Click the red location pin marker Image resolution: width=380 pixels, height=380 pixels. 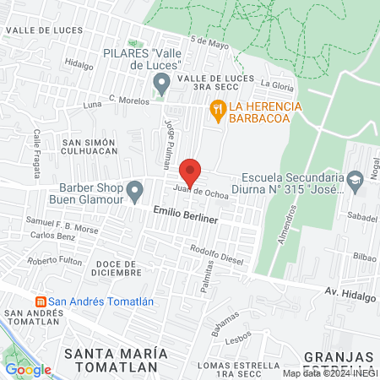[191, 172]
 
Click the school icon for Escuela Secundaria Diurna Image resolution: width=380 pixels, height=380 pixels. [356, 178]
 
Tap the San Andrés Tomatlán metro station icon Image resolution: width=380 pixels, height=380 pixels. [38, 301]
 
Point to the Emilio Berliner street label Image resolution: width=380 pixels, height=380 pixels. [186, 218]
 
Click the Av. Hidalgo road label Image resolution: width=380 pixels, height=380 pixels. [349, 292]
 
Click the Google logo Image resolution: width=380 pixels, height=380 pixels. [29, 369]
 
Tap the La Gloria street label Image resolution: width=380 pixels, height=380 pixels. [276, 84]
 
